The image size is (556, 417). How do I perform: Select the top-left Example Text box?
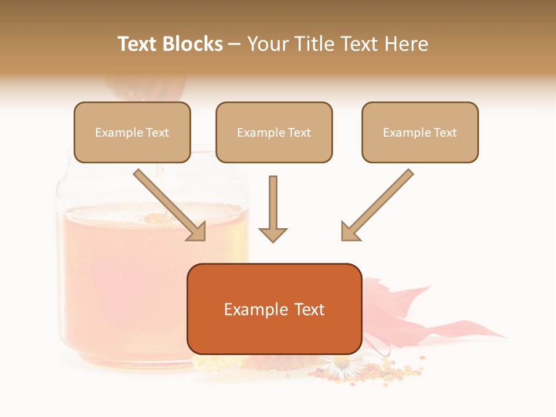coord(132,132)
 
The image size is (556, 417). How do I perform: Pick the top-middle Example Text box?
coord(274,132)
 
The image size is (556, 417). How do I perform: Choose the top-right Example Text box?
coord(420,132)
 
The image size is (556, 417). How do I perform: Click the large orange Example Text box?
coord(275,309)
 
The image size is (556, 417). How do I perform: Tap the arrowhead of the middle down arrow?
coord(273,234)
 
